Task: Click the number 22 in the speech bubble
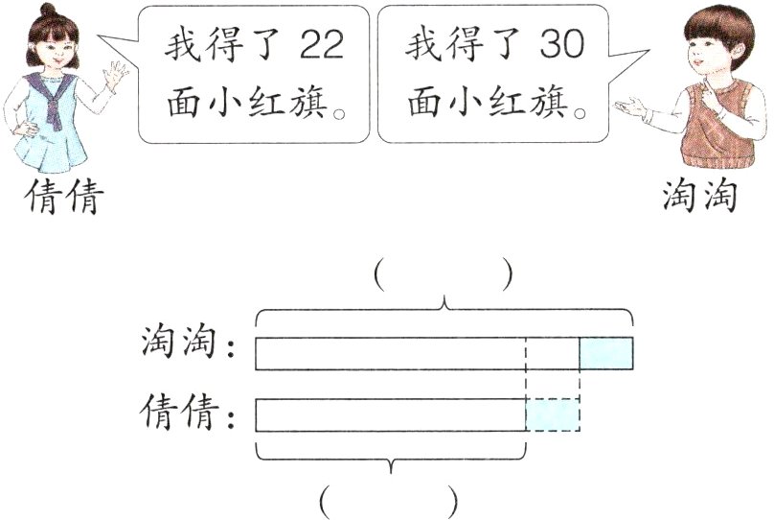[x=321, y=45]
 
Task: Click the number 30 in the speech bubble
[x=560, y=45]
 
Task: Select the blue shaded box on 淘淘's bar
[x=605, y=353]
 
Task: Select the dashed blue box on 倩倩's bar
[x=553, y=414]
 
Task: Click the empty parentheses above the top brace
[x=444, y=275]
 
